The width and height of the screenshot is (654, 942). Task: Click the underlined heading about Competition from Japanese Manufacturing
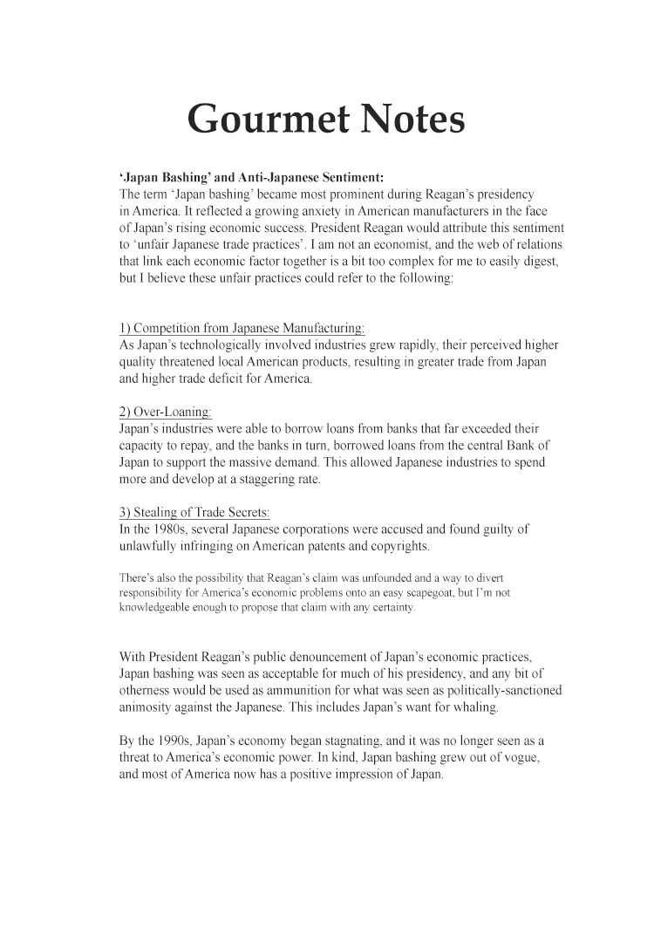242,328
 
